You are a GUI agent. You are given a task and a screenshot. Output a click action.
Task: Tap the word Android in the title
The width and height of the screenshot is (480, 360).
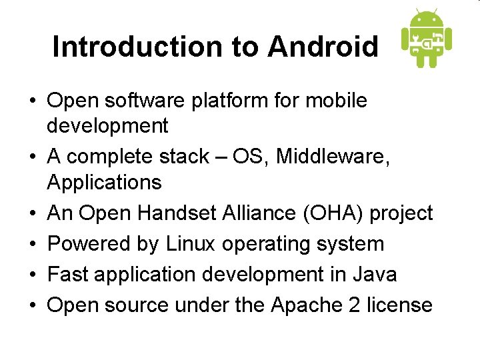[x=323, y=47]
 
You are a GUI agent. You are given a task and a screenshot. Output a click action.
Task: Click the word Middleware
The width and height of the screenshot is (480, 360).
[x=331, y=157]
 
